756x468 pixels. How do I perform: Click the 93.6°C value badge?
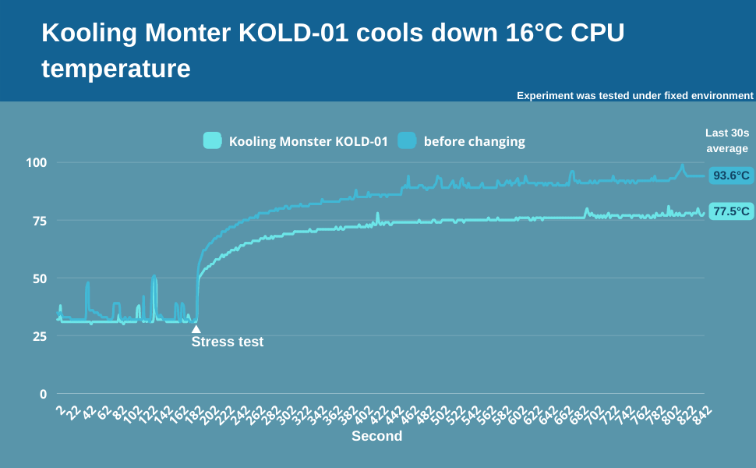(x=730, y=175)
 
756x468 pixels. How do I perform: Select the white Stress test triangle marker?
(x=196, y=329)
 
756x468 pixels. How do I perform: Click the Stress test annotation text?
(x=228, y=342)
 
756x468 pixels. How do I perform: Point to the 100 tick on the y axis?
(x=37, y=163)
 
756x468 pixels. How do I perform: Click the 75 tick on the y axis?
(x=40, y=221)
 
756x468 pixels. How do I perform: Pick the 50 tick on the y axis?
(x=40, y=278)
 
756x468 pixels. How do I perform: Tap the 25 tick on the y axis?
(x=40, y=336)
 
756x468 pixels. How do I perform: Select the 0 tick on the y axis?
(x=44, y=394)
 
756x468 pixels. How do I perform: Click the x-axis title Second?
(x=376, y=436)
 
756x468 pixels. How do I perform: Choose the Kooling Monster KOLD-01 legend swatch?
(x=213, y=141)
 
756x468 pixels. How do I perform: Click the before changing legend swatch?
(x=407, y=141)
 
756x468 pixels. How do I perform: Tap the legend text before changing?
(x=474, y=141)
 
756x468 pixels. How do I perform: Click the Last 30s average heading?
(x=726, y=140)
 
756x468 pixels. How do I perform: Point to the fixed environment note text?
(x=634, y=96)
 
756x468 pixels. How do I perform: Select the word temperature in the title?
(x=115, y=69)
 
